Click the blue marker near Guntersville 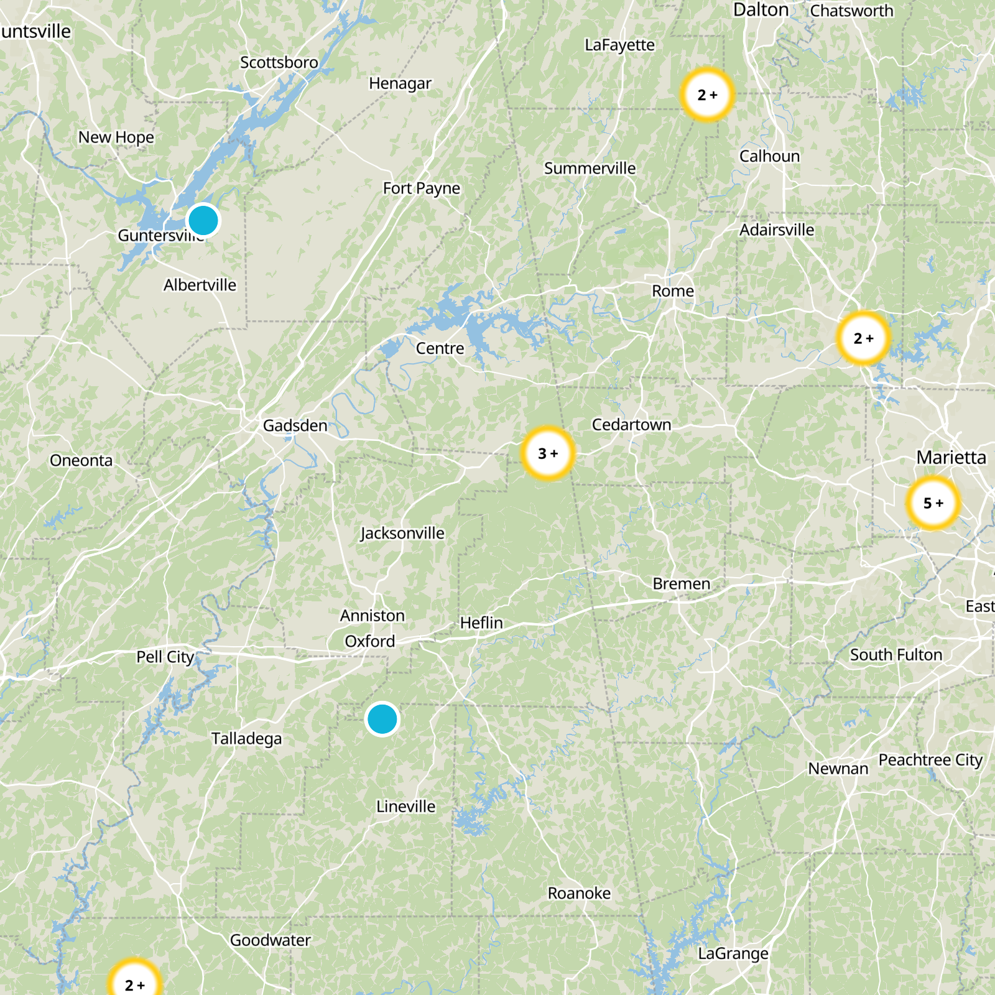point(203,220)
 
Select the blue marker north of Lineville point(382,719)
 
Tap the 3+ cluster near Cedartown point(548,453)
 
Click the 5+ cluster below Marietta point(933,503)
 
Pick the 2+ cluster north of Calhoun point(707,95)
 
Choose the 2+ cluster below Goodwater point(134,983)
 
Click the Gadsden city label point(295,426)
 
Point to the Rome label point(672,291)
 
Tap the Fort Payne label point(422,188)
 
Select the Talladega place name point(246,739)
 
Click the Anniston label point(373,616)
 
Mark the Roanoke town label point(579,894)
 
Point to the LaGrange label point(733,954)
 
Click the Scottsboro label point(279,63)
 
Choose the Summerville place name point(590,169)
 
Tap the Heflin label point(481,623)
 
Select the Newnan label point(838,769)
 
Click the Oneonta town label point(81,461)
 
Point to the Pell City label point(165,657)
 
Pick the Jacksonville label point(402,534)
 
